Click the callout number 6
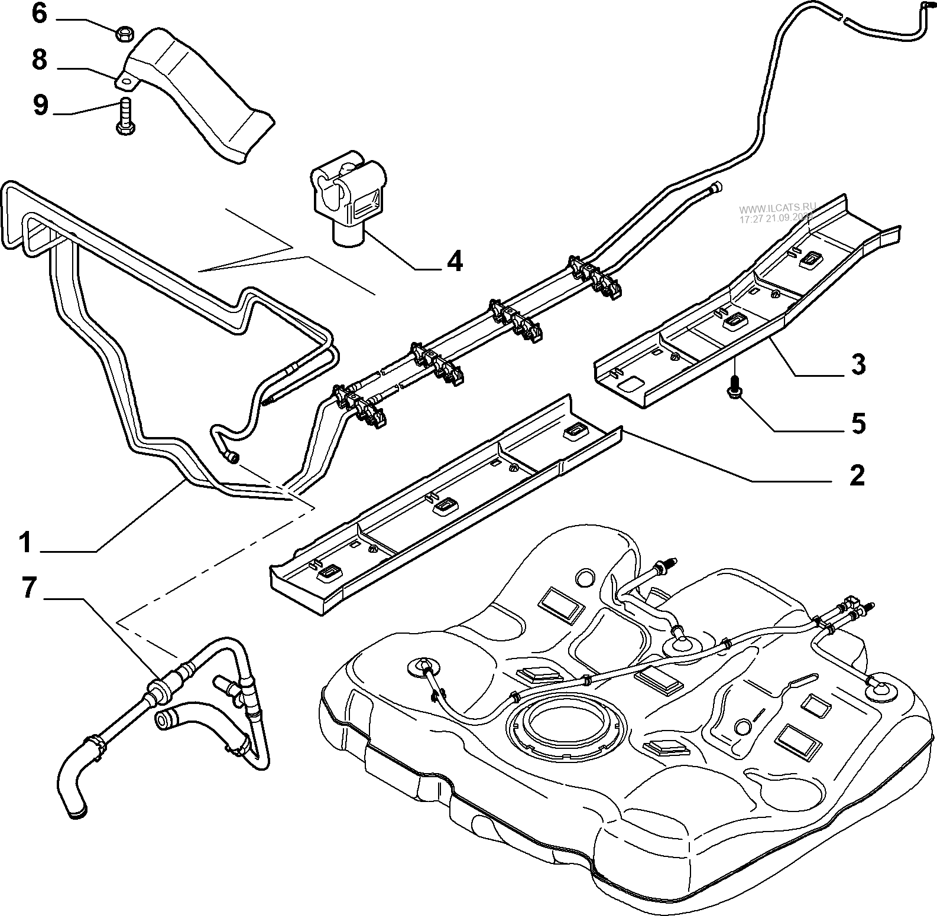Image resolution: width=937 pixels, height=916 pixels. pos(39,14)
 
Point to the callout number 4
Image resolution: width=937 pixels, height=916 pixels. pos(454,261)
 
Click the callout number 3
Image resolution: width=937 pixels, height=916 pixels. pos(857,364)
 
